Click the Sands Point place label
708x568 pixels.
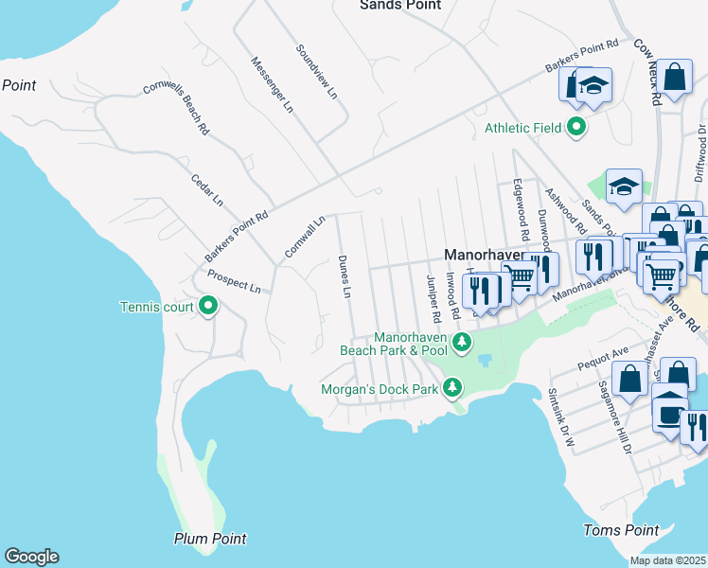click(x=400, y=5)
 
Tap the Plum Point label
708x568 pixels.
click(x=210, y=539)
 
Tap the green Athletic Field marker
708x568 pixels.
click(x=575, y=128)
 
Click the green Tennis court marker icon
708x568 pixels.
click(x=208, y=306)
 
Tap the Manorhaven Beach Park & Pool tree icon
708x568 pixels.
click(x=461, y=343)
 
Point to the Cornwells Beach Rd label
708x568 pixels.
click(x=176, y=106)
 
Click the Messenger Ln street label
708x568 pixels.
click(x=271, y=84)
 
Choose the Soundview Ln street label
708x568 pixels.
click(x=316, y=71)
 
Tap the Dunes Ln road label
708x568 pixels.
click(x=345, y=277)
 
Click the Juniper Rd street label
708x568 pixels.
click(x=433, y=296)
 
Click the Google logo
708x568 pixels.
click(x=31, y=557)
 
